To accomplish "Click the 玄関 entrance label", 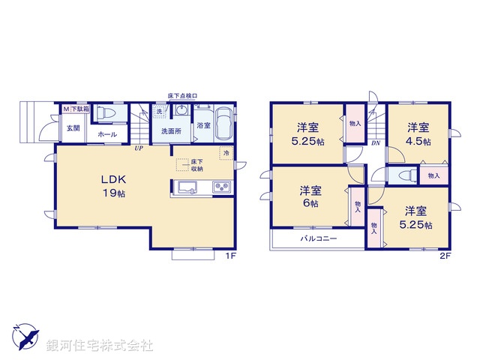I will [72, 128].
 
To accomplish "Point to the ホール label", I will [106, 134].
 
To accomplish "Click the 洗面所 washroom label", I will [172, 130].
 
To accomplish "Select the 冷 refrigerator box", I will [226, 153].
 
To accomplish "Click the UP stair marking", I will [139, 148].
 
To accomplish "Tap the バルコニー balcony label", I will [319, 238].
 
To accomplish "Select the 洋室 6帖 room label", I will [310, 196].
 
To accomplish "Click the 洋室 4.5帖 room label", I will [418, 134].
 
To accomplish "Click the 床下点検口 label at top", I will [181, 97].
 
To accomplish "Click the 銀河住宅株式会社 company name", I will [100, 346].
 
